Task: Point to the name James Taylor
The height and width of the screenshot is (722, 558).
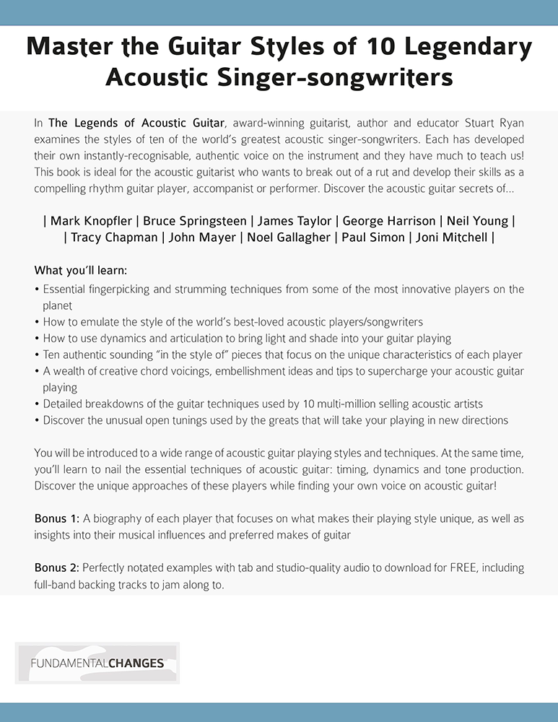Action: (x=296, y=221)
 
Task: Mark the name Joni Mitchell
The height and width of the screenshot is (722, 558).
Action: (x=450, y=238)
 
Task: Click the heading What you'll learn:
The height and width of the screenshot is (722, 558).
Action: (x=81, y=271)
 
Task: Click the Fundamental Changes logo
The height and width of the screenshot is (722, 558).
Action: (x=97, y=663)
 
